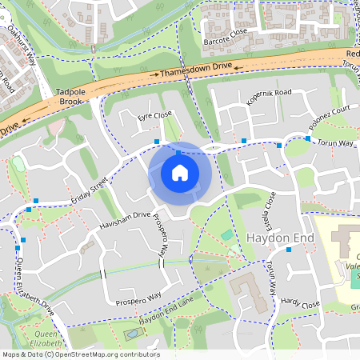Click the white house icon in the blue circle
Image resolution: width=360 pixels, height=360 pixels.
(x=180, y=173)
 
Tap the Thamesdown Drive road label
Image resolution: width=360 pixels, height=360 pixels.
(x=195, y=71)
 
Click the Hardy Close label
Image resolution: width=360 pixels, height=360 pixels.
(x=300, y=304)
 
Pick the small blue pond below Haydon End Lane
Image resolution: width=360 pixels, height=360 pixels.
(x=130, y=331)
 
